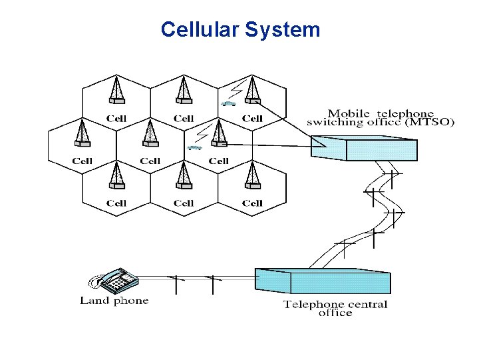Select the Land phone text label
coord(114,301)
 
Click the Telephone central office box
coord(323,281)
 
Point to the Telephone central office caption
coord(335,309)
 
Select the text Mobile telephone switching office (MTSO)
coord(381,118)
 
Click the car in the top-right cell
coord(230,104)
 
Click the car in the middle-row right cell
coord(195,147)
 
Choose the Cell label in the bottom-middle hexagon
coord(184,203)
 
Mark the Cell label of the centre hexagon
coord(150,161)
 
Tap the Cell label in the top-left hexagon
coord(116,119)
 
